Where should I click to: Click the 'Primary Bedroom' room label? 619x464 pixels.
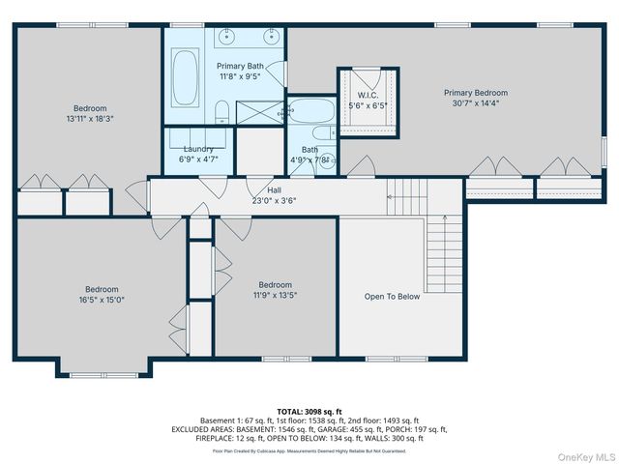click(x=475, y=93)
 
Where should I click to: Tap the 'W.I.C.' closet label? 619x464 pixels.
click(x=367, y=94)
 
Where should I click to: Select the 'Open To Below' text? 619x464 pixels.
click(x=392, y=297)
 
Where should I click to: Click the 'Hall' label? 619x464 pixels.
click(x=274, y=190)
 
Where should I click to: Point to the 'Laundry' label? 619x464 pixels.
click(x=197, y=149)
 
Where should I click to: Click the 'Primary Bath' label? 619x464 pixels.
click(x=240, y=67)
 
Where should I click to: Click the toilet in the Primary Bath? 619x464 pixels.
click(x=221, y=110)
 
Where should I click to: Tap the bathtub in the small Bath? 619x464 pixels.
click(x=311, y=114)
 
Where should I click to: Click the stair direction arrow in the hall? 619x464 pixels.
click(x=391, y=196)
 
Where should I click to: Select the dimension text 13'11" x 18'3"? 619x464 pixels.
click(x=90, y=119)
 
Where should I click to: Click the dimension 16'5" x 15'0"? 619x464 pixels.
click(x=101, y=300)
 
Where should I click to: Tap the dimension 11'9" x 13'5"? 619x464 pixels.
click(x=275, y=296)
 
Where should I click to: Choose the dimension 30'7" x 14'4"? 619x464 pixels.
click(x=475, y=103)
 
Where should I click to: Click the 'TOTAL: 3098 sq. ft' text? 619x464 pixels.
click(x=309, y=412)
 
